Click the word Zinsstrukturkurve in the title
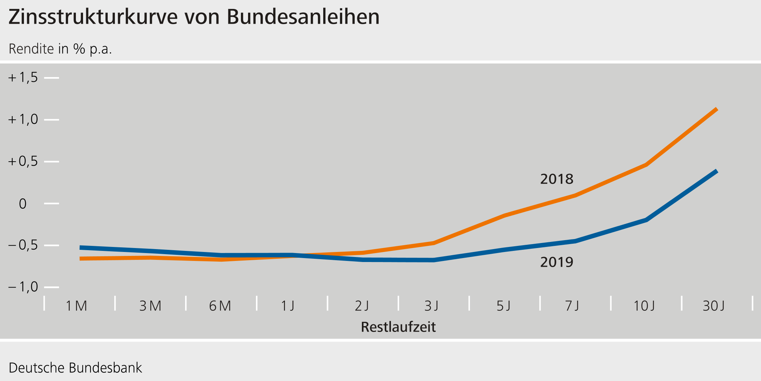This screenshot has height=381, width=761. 93,17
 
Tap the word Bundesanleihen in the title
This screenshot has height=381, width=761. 303,17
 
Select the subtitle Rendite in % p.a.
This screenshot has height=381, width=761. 60,49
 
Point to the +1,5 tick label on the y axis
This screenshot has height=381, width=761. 23,77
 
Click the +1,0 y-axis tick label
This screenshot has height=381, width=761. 23,119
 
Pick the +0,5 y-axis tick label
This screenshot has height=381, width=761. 23,161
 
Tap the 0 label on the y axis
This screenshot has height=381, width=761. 23,204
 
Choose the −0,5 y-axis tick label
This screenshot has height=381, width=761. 23,245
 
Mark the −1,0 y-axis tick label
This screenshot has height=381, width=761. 23,287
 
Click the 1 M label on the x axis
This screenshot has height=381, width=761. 76,306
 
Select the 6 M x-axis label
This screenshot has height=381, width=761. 220,306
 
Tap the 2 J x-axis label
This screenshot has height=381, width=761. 362,306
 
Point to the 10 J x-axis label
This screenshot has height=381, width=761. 644,306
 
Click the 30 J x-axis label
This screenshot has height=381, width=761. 714,306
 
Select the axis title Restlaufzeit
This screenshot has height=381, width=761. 398,327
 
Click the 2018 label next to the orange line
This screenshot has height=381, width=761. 557,179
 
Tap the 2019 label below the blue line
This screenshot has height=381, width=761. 557,262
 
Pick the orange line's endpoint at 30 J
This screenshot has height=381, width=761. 716,109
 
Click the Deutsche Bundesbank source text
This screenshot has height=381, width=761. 75,368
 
